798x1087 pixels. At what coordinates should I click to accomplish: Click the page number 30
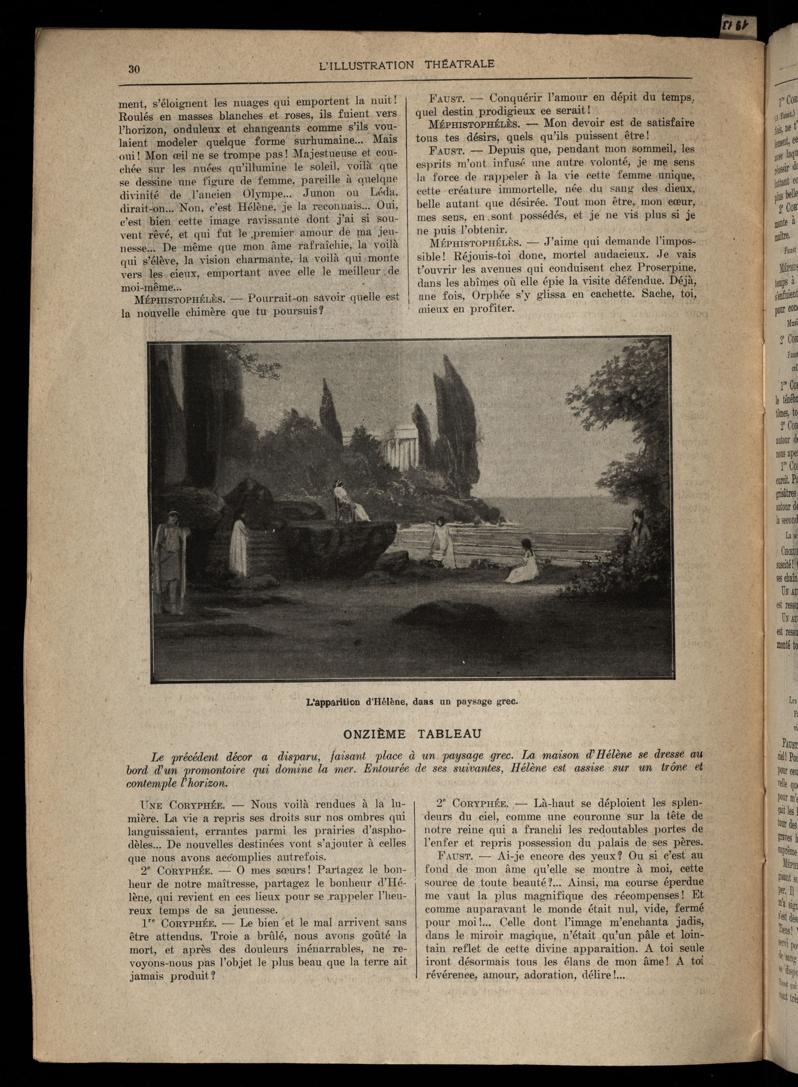click(x=134, y=69)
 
